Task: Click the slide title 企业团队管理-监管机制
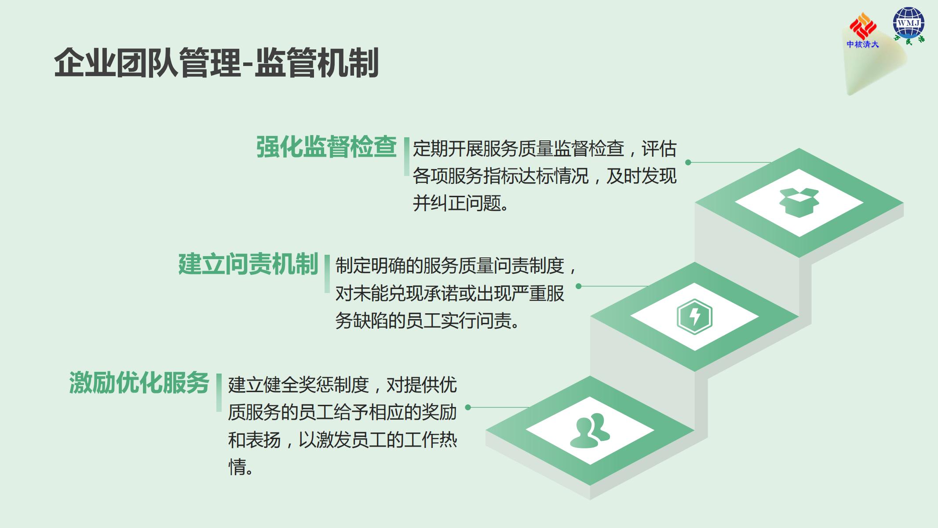216,63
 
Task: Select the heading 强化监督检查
326,147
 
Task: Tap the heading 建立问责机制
248,264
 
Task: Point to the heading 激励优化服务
139,383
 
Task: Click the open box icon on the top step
799,202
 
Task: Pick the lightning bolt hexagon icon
694,317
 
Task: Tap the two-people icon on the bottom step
590,431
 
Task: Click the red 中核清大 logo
862,30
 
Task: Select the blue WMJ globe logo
909,25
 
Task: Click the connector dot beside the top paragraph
688,162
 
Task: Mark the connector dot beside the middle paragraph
579,286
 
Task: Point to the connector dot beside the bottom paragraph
468,407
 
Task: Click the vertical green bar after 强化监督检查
407,157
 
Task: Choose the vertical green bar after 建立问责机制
327,274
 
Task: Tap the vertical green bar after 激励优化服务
219,392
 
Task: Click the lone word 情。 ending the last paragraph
241,467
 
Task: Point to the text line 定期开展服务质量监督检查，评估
544,149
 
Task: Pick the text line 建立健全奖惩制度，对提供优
342,385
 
